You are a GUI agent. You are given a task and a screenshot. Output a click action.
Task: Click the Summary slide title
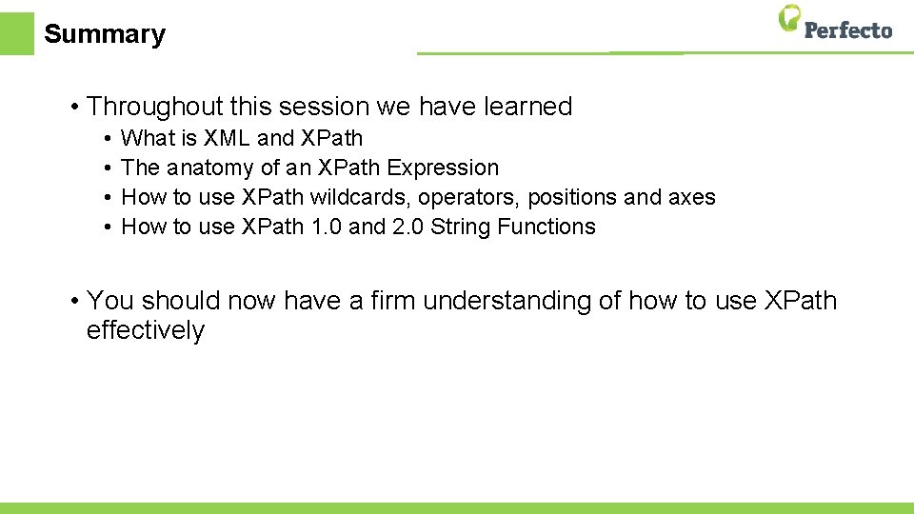(x=105, y=34)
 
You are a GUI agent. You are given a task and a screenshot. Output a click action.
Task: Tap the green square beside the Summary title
(x=16, y=33)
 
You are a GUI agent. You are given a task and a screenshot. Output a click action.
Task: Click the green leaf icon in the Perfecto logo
(x=789, y=19)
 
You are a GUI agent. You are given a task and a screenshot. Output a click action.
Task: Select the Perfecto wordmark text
(x=848, y=30)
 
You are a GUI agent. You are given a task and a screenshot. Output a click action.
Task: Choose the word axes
(x=693, y=197)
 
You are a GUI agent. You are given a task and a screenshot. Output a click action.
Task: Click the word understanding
(x=507, y=302)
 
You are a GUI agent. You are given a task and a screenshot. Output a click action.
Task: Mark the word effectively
(x=145, y=331)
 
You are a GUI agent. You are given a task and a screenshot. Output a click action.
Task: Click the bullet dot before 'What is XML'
(x=109, y=139)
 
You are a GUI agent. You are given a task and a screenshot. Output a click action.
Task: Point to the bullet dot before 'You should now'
(x=73, y=302)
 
